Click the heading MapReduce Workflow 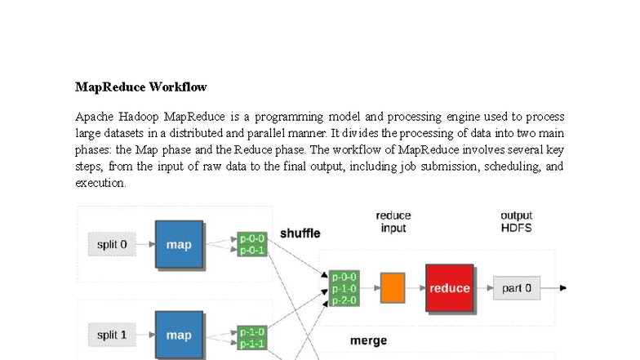tap(140, 87)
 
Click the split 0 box tap(112, 244)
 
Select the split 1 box tap(112, 335)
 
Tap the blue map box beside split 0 tap(179, 244)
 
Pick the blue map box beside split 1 tap(179, 335)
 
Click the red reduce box tap(450, 288)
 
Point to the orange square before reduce tap(393, 288)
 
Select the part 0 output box tap(517, 288)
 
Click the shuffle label tap(300, 233)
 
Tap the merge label tap(368, 340)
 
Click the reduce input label tap(393, 222)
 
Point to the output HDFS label tap(516, 222)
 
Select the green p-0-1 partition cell tap(252, 251)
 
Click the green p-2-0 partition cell tap(344, 300)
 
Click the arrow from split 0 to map tap(145, 244)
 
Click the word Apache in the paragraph tap(94, 117)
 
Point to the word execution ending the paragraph tap(100, 183)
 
